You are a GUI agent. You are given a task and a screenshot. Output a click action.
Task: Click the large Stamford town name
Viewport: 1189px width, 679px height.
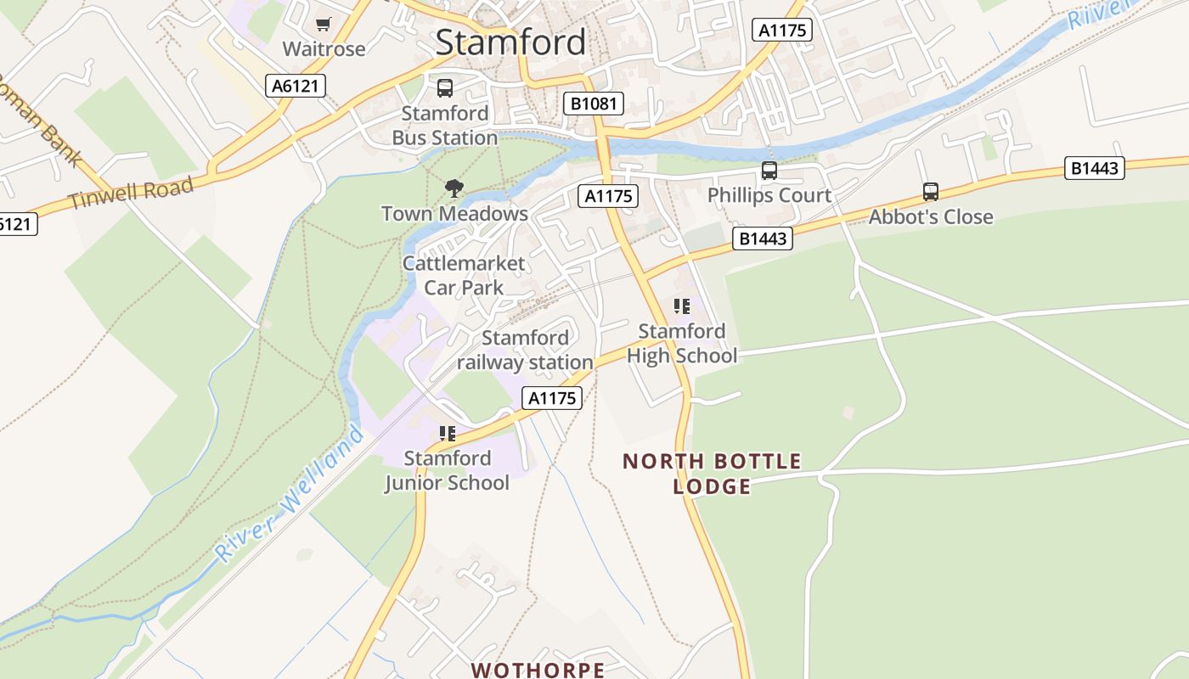pos(510,42)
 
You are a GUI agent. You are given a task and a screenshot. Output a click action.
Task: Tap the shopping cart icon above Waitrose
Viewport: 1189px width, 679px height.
pos(323,24)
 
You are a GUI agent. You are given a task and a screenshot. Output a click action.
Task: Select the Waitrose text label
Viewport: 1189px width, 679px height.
pos(324,48)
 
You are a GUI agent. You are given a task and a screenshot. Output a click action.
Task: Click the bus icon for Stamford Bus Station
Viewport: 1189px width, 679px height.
pos(444,88)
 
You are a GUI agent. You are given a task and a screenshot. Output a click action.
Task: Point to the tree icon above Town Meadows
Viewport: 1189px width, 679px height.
pos(454,188)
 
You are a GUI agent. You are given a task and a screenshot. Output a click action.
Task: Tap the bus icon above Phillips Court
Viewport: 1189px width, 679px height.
pos(769,171)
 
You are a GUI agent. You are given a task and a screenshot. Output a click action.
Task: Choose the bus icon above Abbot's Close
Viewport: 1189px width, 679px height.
pos(930,192)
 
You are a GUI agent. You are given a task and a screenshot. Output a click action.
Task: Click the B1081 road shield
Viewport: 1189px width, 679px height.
pos(594,104)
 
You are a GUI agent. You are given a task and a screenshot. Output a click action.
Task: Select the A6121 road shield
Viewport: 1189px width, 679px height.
pos(296,86)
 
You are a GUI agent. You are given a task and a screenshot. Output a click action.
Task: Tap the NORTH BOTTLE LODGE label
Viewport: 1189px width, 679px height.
pos(712,474)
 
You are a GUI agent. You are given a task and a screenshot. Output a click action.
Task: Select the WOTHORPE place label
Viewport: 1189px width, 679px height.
pos(538,670)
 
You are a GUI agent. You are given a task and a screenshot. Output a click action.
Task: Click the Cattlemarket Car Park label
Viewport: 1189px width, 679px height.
pos(464,275)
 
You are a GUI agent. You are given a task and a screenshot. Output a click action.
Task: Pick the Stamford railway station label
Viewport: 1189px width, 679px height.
pos(525,350)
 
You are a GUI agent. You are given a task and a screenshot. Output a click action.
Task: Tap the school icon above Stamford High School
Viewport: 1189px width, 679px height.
pos(681,306)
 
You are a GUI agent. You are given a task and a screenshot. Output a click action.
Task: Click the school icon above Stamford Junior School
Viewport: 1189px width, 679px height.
pos(448,434)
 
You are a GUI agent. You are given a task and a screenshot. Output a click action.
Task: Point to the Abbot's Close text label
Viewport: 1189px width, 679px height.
pos(930,217)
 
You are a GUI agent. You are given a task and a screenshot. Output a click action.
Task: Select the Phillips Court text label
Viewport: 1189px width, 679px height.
pos(769,195)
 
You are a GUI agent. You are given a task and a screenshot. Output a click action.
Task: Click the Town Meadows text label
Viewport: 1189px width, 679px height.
pos(454,214)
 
